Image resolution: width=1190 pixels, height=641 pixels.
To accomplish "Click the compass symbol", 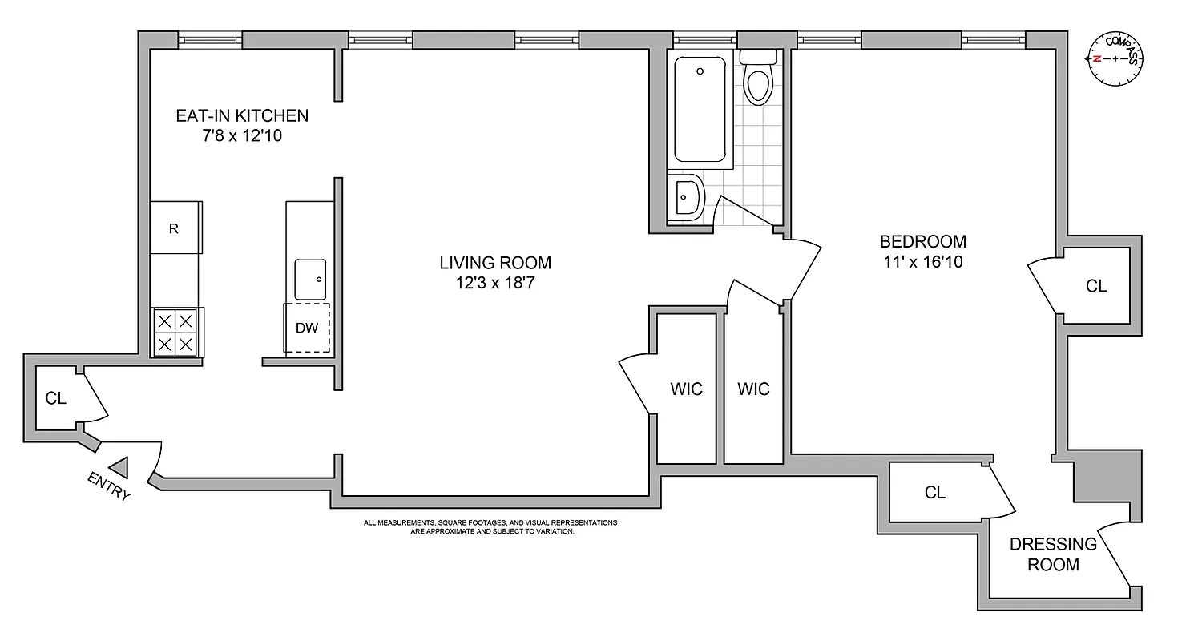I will point(1114,59).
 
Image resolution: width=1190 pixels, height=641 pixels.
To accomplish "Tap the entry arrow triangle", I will point(120,466).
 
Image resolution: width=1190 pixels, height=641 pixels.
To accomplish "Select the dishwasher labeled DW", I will point(306,328).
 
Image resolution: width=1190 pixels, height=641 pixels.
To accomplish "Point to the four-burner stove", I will point(176,333).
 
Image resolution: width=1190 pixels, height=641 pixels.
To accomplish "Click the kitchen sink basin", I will point(310,277).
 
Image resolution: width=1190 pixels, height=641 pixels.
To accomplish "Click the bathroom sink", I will point(686,196).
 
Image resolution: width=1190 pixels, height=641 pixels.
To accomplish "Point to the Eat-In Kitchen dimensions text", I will point(242,136).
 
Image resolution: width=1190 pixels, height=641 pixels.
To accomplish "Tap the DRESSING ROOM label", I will point(1053,554).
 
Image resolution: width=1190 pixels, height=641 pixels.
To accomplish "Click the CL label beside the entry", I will point(55,398).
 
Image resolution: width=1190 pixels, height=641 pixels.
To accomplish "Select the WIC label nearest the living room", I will point(686,389).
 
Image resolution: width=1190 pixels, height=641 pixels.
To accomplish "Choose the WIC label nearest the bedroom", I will point(753,389).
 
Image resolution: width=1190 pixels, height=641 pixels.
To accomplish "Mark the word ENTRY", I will point(109,486).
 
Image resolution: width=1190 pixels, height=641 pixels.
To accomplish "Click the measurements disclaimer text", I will point(490,526).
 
